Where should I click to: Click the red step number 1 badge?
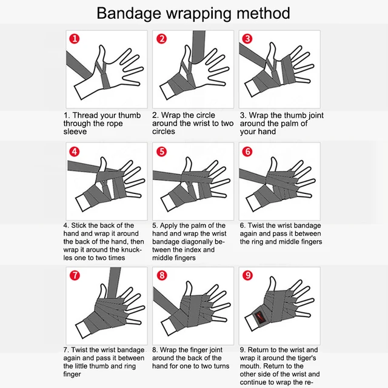tap(74, 39)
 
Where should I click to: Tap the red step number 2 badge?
tap(162, 39)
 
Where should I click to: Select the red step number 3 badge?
tap(247, 39)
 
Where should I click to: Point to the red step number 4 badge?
tap(74, 152)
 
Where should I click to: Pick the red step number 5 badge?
tap(162, 152)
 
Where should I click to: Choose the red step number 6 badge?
tap(247, 152)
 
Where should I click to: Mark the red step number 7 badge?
tap(74, 274)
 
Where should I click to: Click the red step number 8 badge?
tap(162, 274)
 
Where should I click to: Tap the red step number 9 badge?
tap(247, 274)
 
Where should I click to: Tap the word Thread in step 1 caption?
tap(87, 115)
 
